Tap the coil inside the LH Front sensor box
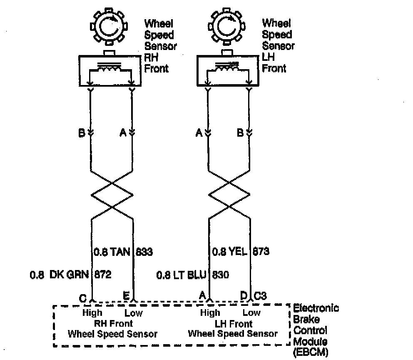[x=227, y=69]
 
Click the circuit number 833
[x=144, y=252]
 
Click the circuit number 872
[x=102, y=275]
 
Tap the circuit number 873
[x=261, y=252]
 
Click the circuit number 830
[x=221, y=275]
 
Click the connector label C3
[x=260, y=296]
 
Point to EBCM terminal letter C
[x=82, y=297]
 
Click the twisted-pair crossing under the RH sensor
[x=112, y=195]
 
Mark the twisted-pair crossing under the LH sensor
[x=228, y=195]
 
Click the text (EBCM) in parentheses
[x=311, y=352]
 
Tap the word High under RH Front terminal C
[x=92, y=313]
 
